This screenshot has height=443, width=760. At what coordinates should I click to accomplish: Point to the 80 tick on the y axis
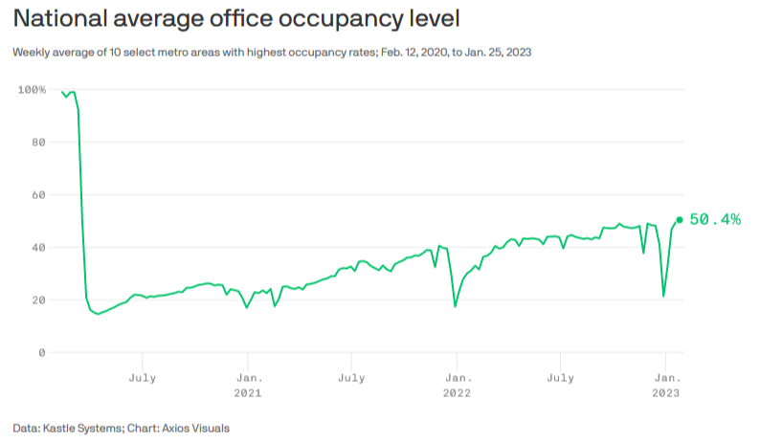38,143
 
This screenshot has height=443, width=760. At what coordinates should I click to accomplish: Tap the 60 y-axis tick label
38,195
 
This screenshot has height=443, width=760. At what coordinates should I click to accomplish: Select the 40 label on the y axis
38,248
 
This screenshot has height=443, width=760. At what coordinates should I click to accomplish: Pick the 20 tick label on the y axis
38,300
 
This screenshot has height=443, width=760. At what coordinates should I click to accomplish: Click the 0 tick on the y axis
42,353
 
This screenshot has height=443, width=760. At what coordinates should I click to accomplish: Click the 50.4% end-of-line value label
715,220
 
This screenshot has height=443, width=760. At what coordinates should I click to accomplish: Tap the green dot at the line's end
680,219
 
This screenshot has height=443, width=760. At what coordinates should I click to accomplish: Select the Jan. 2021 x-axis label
248,385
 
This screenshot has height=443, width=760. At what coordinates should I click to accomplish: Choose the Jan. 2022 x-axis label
457,385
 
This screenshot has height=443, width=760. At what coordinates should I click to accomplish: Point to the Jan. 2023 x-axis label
666,385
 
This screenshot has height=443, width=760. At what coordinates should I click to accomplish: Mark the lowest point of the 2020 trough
98,314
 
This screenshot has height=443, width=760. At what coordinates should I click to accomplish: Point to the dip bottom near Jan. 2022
455,306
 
